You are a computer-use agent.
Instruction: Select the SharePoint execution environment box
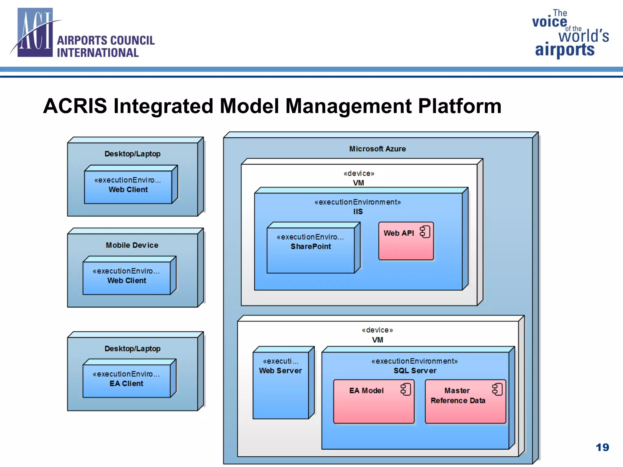coord(311,252)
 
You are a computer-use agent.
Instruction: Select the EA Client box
coord(127,381)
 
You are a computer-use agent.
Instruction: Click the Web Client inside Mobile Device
coord(127,278)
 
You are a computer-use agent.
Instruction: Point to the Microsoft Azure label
coord(377,149)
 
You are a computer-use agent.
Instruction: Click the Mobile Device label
coord(132,245)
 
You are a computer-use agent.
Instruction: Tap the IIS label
coord(358,212)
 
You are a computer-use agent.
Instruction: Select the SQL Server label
coord(415,371)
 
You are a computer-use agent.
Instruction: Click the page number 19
coord(602,447)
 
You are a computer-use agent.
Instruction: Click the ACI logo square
coord(35,33)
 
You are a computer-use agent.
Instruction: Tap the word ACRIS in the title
coord(75,106)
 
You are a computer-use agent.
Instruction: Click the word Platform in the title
coord(460,106)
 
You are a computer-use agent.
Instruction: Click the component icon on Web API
coord(425,232)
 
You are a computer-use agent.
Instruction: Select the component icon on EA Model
coord(405,389)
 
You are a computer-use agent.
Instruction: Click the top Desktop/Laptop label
coord(132,154)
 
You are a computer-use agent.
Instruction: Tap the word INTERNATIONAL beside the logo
coord(98,53)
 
